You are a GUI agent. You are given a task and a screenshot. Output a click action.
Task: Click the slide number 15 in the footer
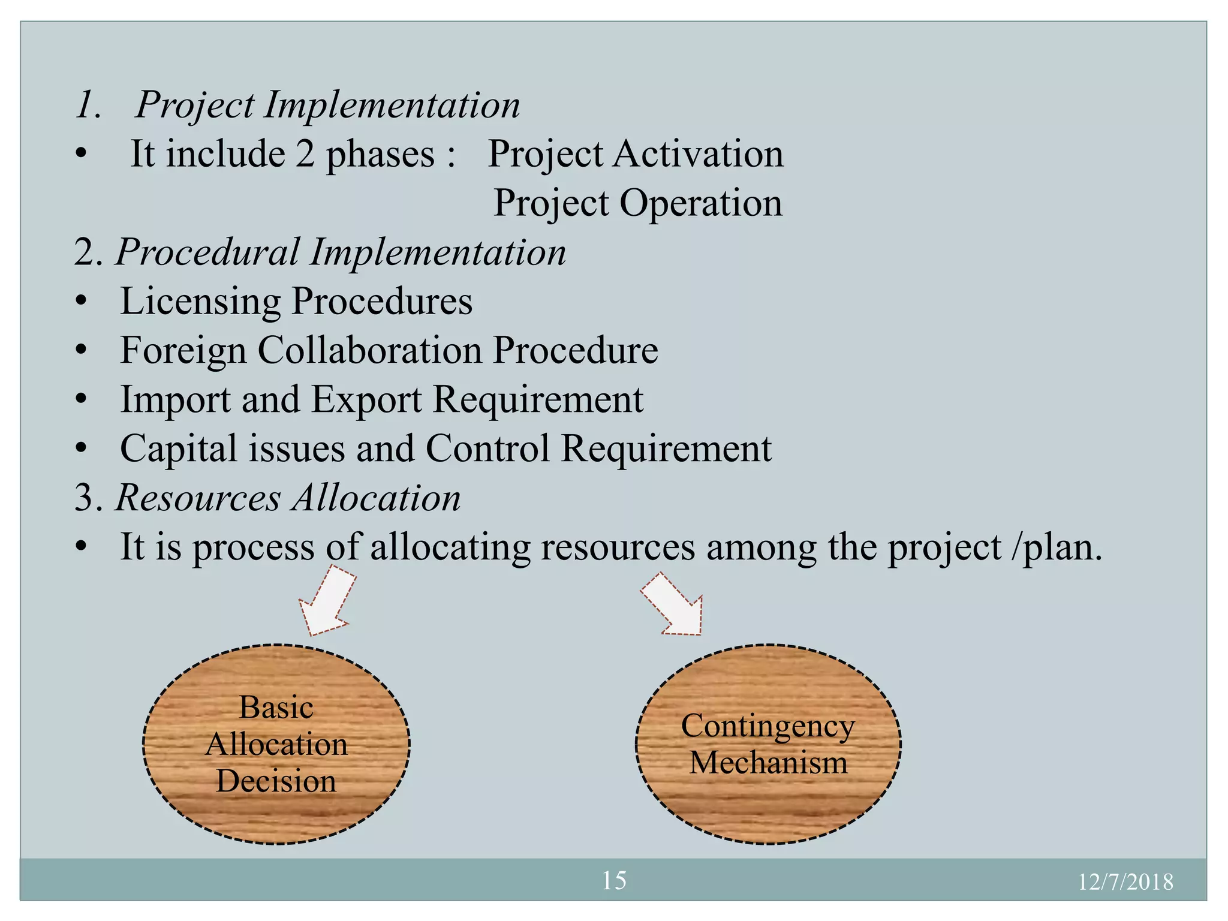(x=613, y=880)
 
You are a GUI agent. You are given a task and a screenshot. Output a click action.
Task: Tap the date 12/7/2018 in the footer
(x=1125, y=881)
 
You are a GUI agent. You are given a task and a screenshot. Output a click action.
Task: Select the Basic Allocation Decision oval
(x=276, y=744)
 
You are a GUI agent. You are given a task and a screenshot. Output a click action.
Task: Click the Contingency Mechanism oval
(x=768, y=744)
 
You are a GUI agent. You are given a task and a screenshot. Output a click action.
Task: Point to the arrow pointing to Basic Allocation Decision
(x=327, y=603)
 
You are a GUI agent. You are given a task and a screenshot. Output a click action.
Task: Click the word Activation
(x=698, y=153)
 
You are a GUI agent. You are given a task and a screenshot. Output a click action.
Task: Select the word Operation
(x=700, y=203)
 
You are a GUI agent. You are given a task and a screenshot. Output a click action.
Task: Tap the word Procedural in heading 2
(x=207, y=252)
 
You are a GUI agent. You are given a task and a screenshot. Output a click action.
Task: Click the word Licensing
(x=200, y=301)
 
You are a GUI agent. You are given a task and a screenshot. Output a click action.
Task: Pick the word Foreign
(x=183, y=350)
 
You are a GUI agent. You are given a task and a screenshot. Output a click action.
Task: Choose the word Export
(x=366, y=399)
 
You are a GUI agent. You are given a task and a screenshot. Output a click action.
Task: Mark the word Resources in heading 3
(x=198, y=498)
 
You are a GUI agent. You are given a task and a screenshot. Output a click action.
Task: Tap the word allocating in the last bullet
(x=450, y=547)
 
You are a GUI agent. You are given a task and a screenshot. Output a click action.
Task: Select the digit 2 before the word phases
(x=305, y=153)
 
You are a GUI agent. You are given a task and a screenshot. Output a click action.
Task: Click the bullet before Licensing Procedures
(x=82, y=301)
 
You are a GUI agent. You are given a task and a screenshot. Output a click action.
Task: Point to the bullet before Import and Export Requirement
(x=82, y=399)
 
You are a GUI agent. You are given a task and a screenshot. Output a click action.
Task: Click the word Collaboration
(x=369, y=350)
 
